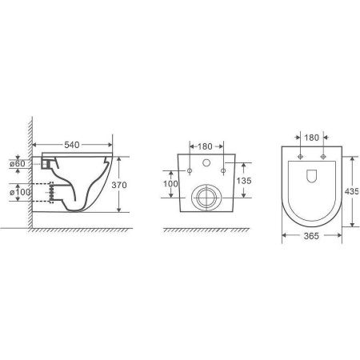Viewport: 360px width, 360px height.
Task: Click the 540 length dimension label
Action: (x=72, y=145)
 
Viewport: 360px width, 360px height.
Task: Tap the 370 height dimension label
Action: (x=119, y=185)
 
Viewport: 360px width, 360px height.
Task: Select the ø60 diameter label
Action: (x=18, y=163)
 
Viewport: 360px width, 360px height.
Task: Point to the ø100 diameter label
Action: (x=20, y=192)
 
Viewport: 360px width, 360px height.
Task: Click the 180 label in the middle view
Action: (x=205, y=146)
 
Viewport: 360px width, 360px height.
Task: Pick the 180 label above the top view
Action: (x=311, y=138)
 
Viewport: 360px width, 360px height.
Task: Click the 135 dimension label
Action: (x=244, y=181)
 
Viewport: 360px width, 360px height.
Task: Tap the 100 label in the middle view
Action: (x=170, y=184)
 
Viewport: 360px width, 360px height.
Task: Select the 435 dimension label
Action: (x=352, y=191)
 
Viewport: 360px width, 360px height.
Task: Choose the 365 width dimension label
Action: (x=311, y=236)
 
